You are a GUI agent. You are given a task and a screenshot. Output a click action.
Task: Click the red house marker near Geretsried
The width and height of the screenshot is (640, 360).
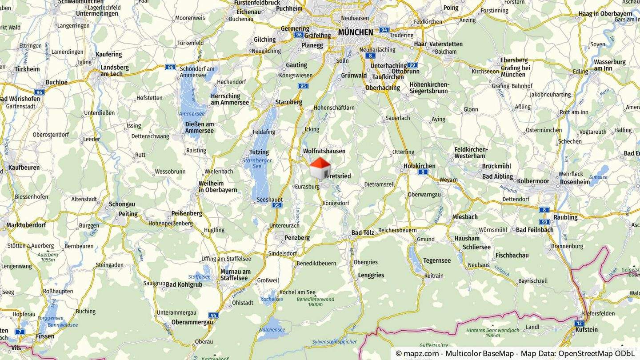320,168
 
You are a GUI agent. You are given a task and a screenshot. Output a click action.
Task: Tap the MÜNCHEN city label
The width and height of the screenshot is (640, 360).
355,32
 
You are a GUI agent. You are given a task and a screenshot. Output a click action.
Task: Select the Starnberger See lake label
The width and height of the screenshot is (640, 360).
257,163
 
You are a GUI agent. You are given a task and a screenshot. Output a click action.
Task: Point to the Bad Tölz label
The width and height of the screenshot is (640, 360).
363,232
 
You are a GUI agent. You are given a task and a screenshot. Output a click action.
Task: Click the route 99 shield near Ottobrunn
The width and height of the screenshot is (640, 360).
412,65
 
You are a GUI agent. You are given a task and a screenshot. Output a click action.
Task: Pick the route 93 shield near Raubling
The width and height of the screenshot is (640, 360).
544,221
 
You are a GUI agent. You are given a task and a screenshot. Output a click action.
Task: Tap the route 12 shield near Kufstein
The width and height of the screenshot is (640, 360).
579,323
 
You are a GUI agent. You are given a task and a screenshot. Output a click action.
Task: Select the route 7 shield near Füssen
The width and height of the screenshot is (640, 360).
20,332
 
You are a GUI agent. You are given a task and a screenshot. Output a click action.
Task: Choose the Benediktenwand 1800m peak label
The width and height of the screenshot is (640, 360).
315,302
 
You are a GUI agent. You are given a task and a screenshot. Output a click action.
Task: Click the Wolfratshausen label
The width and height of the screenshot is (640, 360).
324,151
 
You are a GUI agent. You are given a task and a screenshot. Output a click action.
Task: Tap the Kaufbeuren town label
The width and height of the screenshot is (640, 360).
24,168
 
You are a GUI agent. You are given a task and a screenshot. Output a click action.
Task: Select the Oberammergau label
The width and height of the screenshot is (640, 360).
192,322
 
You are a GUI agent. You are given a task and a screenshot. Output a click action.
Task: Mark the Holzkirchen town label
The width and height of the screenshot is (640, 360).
419,166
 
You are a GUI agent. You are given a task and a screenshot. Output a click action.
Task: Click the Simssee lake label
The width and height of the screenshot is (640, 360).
598,177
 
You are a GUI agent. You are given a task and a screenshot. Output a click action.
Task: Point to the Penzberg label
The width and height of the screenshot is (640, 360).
297,238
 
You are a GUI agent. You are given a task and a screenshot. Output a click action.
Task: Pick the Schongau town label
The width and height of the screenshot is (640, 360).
122,204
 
